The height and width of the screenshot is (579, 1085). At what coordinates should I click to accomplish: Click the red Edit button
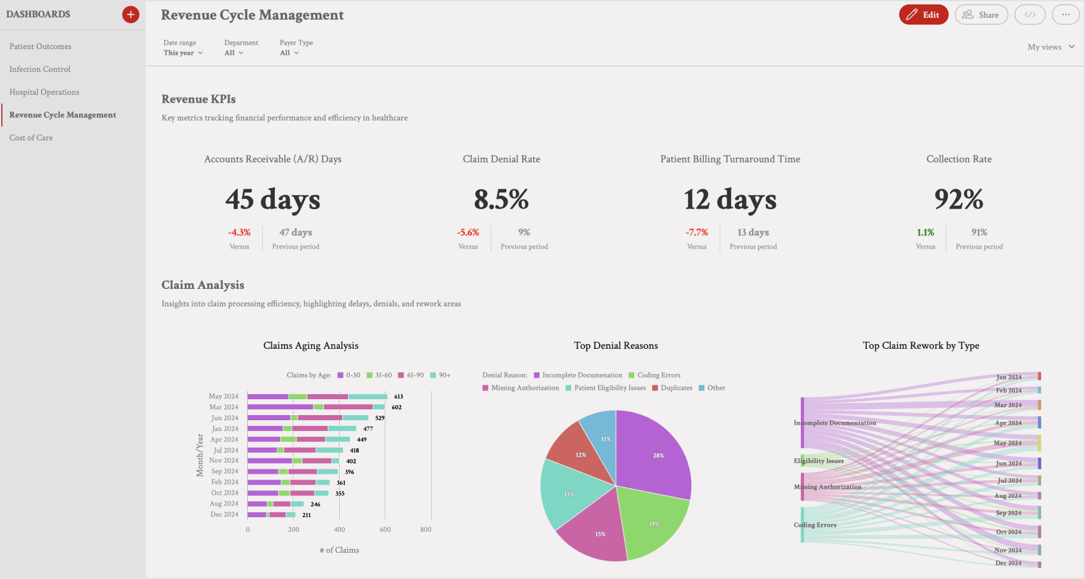click(923, 15)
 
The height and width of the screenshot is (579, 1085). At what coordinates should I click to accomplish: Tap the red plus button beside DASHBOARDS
click(131, 15)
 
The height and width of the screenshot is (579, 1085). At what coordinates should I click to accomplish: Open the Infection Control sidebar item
click(40, 69)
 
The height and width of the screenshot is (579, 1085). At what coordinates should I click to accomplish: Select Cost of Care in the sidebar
click(31, 138)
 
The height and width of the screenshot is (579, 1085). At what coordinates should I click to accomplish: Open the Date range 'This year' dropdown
click(183, 53)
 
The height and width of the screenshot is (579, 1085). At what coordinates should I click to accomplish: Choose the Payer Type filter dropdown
click(289, 53)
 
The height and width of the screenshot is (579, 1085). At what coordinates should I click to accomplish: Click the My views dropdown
click(1051, 47)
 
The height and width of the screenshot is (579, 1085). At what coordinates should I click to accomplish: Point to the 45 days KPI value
click(273, 200)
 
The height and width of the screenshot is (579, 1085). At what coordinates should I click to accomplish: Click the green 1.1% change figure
click(925, 233)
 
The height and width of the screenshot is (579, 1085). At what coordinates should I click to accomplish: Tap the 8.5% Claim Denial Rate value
click(501, 200)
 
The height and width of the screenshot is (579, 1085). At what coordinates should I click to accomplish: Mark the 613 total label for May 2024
click(398, 397)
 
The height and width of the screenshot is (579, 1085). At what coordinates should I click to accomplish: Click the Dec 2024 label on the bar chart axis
click(224, 515)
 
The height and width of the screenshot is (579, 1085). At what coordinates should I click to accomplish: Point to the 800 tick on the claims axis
click(426, 529)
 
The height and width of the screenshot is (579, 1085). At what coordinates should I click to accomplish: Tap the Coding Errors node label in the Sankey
click(815, 525)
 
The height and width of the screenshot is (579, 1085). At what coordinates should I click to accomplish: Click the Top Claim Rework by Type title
click(921, 346)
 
